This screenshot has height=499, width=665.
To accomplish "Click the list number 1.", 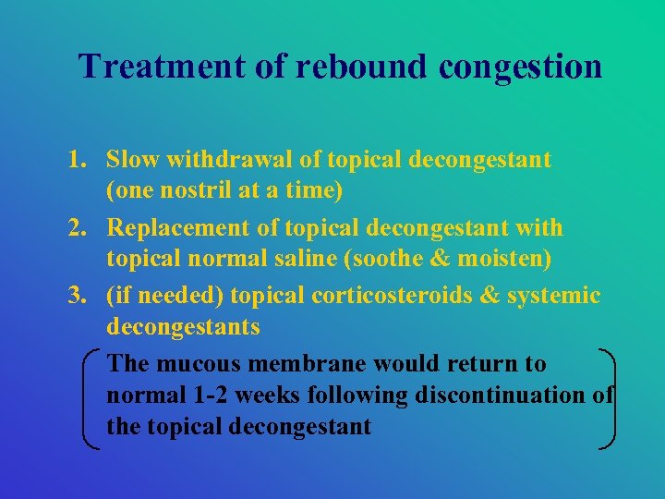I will tap(77, 160).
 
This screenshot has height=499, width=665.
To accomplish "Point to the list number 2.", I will tap(77, 228).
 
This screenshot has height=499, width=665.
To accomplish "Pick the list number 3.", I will tap(77, 297).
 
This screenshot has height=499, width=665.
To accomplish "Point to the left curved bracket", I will tap(90, 397).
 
